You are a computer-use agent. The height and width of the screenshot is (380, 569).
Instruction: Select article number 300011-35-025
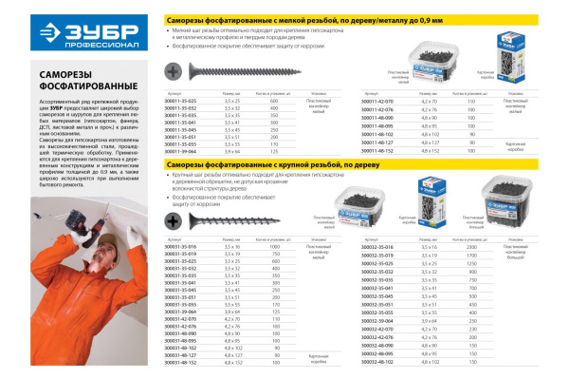coord(180,100)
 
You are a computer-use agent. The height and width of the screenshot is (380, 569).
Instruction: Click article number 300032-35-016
coord(379,245)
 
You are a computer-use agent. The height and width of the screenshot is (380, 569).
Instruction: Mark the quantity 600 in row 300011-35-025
coord(275,100)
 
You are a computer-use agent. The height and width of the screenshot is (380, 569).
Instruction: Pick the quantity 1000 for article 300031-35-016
coord(275,246)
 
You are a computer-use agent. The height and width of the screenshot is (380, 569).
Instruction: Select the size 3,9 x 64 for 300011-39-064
coord(232,151)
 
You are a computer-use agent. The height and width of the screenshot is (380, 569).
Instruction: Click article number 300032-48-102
coord(379,362)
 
